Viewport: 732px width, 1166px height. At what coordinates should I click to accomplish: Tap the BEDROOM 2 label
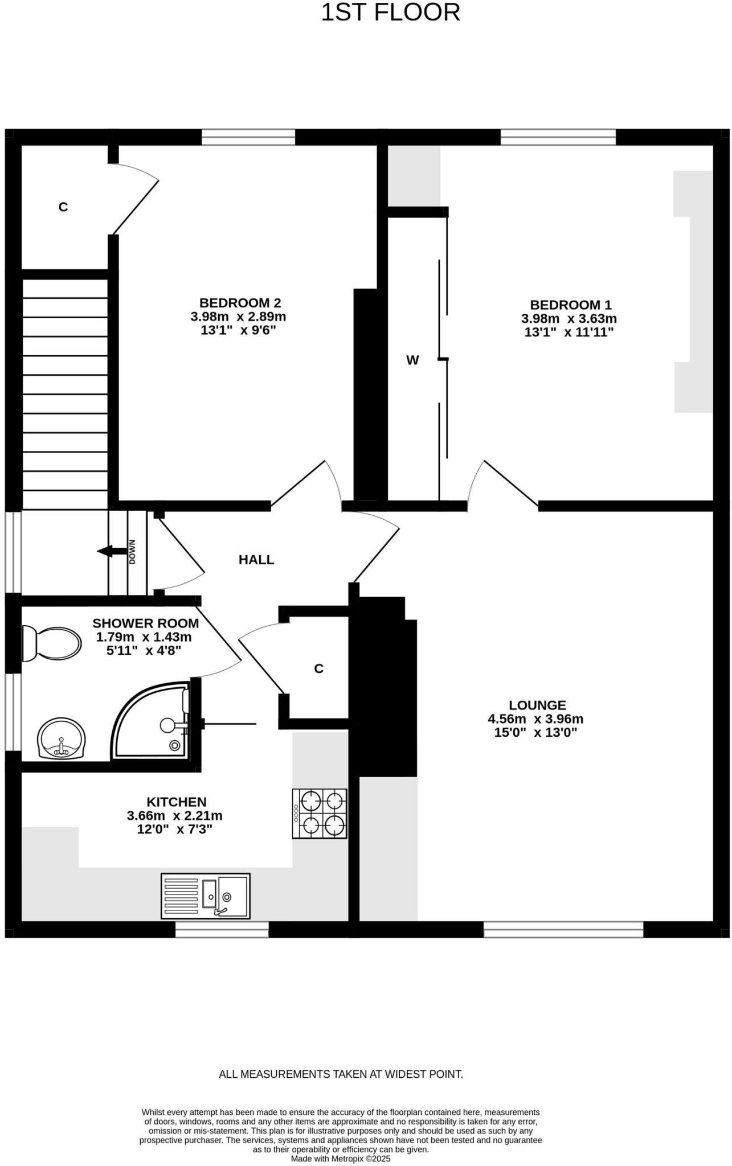[240, 303]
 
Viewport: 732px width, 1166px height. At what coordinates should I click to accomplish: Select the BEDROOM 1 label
[570, 305]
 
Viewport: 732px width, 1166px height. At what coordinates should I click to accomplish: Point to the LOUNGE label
[537, 705]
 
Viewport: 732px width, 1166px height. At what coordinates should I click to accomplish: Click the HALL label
[256, 560]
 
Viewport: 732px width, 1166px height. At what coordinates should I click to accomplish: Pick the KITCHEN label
[176, 802]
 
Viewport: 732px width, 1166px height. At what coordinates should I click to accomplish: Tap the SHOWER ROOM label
[145, 623]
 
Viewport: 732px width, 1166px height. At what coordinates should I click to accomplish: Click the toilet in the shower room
[51, 643]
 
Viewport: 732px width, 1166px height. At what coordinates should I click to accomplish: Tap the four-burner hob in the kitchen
[320, 813]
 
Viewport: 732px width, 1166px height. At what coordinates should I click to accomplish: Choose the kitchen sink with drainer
[205, 896]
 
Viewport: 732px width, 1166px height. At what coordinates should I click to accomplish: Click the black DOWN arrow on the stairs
[112, 551]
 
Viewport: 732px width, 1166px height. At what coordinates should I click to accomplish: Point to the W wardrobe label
[412, 360]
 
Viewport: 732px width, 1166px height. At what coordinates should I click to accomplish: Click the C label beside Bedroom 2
[63, 207]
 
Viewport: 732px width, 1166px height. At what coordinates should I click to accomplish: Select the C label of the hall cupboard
[318, 668]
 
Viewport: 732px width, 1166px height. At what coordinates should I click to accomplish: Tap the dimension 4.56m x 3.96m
[535, 719]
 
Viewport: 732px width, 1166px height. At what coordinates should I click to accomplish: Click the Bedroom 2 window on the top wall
[248, 137]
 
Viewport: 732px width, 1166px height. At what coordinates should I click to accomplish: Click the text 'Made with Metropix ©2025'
[341, 1158]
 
